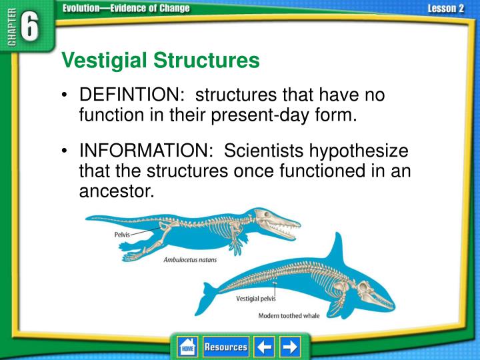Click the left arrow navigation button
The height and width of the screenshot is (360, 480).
pyautogui.click(x=264, y=347)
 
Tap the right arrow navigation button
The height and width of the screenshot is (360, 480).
pyautogui.click(x=290, y=347)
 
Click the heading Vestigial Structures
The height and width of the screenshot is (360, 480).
pyautogui.click(x=160, y=61)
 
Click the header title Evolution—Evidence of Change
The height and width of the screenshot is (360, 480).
pyautogui.click(x=126, y=8)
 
